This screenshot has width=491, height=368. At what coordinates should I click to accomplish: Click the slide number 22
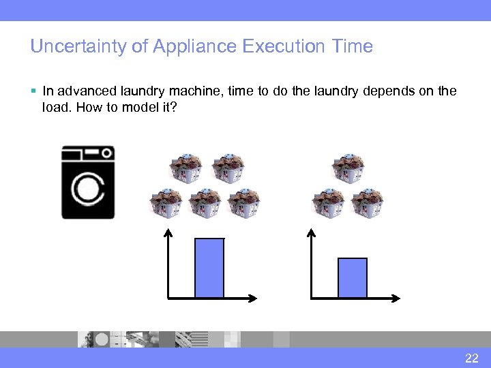(471, 358)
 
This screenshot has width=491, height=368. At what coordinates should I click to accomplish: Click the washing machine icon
(88, 182)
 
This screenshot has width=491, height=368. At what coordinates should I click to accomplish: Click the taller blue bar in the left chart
(209, 268)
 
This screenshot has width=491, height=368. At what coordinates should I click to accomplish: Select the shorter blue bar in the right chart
(353, 278)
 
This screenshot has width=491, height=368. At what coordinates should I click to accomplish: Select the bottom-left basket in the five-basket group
(166, 202)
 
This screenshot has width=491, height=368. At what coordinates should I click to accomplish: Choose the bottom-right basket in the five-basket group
(243, 202)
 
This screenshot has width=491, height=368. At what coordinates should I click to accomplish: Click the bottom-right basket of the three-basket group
(368, 202)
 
